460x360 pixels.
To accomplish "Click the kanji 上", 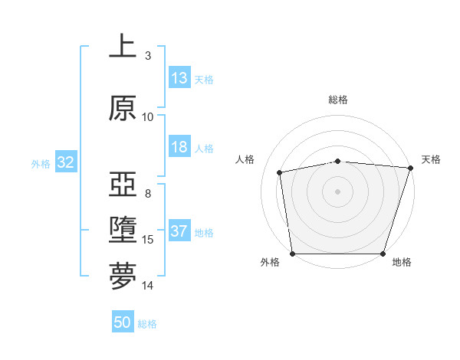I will pyautogui.click(x=123, y=47).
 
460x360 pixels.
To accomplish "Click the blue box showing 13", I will pyautogui.click(x=179, y=78).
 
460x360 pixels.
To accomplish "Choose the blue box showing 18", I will pyautogui.click(x=179, y=148).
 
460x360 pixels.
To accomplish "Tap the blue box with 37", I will pyautogui.click(x=179, y=232).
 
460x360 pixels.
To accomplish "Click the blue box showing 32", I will pyautogui.click(x=65, y=162).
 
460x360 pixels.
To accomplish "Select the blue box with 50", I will pyautogui.click(x=123, y=322).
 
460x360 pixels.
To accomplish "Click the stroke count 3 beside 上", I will pyautogui.click(x=148, y=55).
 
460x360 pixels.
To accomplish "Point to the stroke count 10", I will pyautogui.click(x=148, y=117).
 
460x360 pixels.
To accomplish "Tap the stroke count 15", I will pyautogui.click(x=148, y=240).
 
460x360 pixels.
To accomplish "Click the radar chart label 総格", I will pyautogui.click(x=337, y=100).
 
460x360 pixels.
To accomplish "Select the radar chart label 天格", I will pyautogui.click(x=431, y=159).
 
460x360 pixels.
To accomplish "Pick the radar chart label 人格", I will pyautogui.click(x=245, y=159).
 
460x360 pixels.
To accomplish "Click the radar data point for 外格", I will pyautogui.click(x=292, y=254).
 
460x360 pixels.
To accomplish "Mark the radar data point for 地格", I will pyautogui.click(x=383, y=254).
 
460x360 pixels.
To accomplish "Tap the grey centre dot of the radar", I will pyautogui.click(x=337, y=191).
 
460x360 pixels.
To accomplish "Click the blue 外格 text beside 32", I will pyautogui.click(x=40, y=163).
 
